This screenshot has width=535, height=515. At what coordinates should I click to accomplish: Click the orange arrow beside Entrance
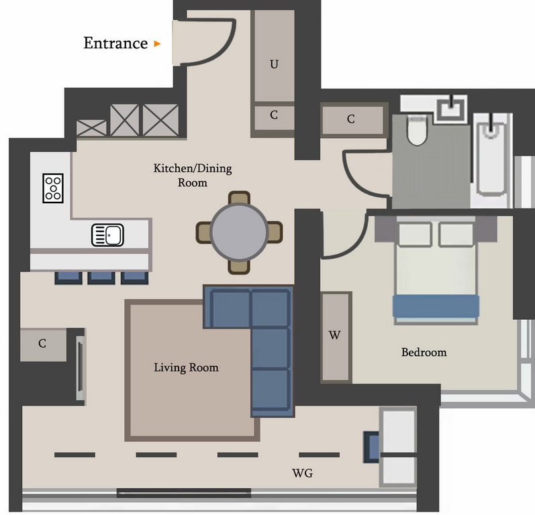coord(157,44)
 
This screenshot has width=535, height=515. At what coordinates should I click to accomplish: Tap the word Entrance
coord(115,44)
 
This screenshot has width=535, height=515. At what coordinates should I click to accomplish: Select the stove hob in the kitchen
coord(53,188)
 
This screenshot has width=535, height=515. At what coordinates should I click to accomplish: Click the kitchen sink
coord(107,235)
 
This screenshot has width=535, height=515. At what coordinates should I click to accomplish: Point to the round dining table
coord(239,232)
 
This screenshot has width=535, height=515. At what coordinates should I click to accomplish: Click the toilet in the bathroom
coord(417,130)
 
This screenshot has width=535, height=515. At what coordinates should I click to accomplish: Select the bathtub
coord(491,160)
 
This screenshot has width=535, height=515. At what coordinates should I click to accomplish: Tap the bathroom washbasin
coord(452,108)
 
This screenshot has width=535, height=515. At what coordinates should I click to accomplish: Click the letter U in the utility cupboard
coord(274,64)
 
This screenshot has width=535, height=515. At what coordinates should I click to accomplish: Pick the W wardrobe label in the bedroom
coord(335,335)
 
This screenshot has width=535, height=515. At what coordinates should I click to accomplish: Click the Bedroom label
coord(424,352)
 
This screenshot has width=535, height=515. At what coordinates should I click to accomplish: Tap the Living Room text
coord(187,367)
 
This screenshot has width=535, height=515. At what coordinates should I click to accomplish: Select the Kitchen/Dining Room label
coord(193,175)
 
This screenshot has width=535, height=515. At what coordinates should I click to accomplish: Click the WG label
coord(302,473)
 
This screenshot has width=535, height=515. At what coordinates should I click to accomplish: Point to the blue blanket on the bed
coord(436,306)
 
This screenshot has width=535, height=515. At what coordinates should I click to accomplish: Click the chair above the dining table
coord(239,198)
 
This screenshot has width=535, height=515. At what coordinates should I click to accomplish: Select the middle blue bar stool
coord(101,278)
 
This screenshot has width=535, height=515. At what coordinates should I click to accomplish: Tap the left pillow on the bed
coord(415,234)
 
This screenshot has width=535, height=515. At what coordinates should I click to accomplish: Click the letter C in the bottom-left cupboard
coord(42,343)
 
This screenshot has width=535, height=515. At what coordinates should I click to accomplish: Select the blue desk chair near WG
coord(371,447)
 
